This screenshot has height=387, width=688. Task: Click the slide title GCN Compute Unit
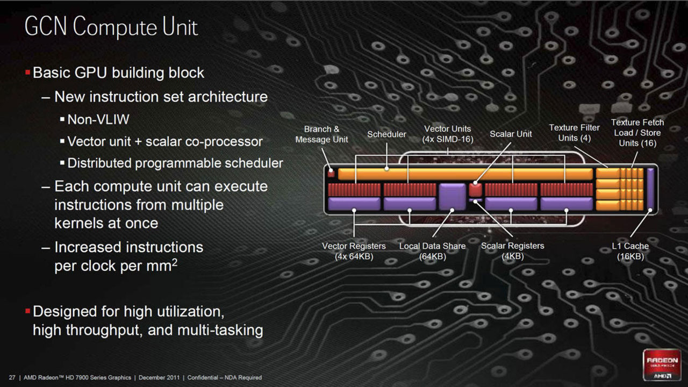[x=111, y=27]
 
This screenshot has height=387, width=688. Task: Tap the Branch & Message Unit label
[x=321, y=134]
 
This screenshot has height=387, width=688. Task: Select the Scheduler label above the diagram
[x=386, y=134]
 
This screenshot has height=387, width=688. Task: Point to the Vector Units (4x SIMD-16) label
[x=447, y=134]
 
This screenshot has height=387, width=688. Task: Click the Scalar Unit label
[x=510, y=134]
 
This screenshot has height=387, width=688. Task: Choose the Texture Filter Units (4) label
[x=574, y=133]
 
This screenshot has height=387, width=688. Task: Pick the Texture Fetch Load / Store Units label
[x=637, y=133]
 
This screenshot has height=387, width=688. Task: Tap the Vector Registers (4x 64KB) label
[x=354, y=251]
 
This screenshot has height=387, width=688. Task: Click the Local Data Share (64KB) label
[x=432, y=251]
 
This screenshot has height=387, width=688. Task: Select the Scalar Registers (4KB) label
[x=512, y=251]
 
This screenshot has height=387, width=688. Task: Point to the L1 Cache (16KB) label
[x=630, y=251]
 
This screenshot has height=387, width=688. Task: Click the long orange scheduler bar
[x=465, y=174]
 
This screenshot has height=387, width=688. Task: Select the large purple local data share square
[x=451, y=196]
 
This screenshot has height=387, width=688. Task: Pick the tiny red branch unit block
[x=331, y=174]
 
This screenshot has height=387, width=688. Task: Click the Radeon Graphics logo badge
[x=662, y=365]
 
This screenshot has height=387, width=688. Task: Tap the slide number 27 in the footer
[x=12, y=378]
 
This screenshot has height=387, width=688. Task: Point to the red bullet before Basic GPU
[x=27, y=72]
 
